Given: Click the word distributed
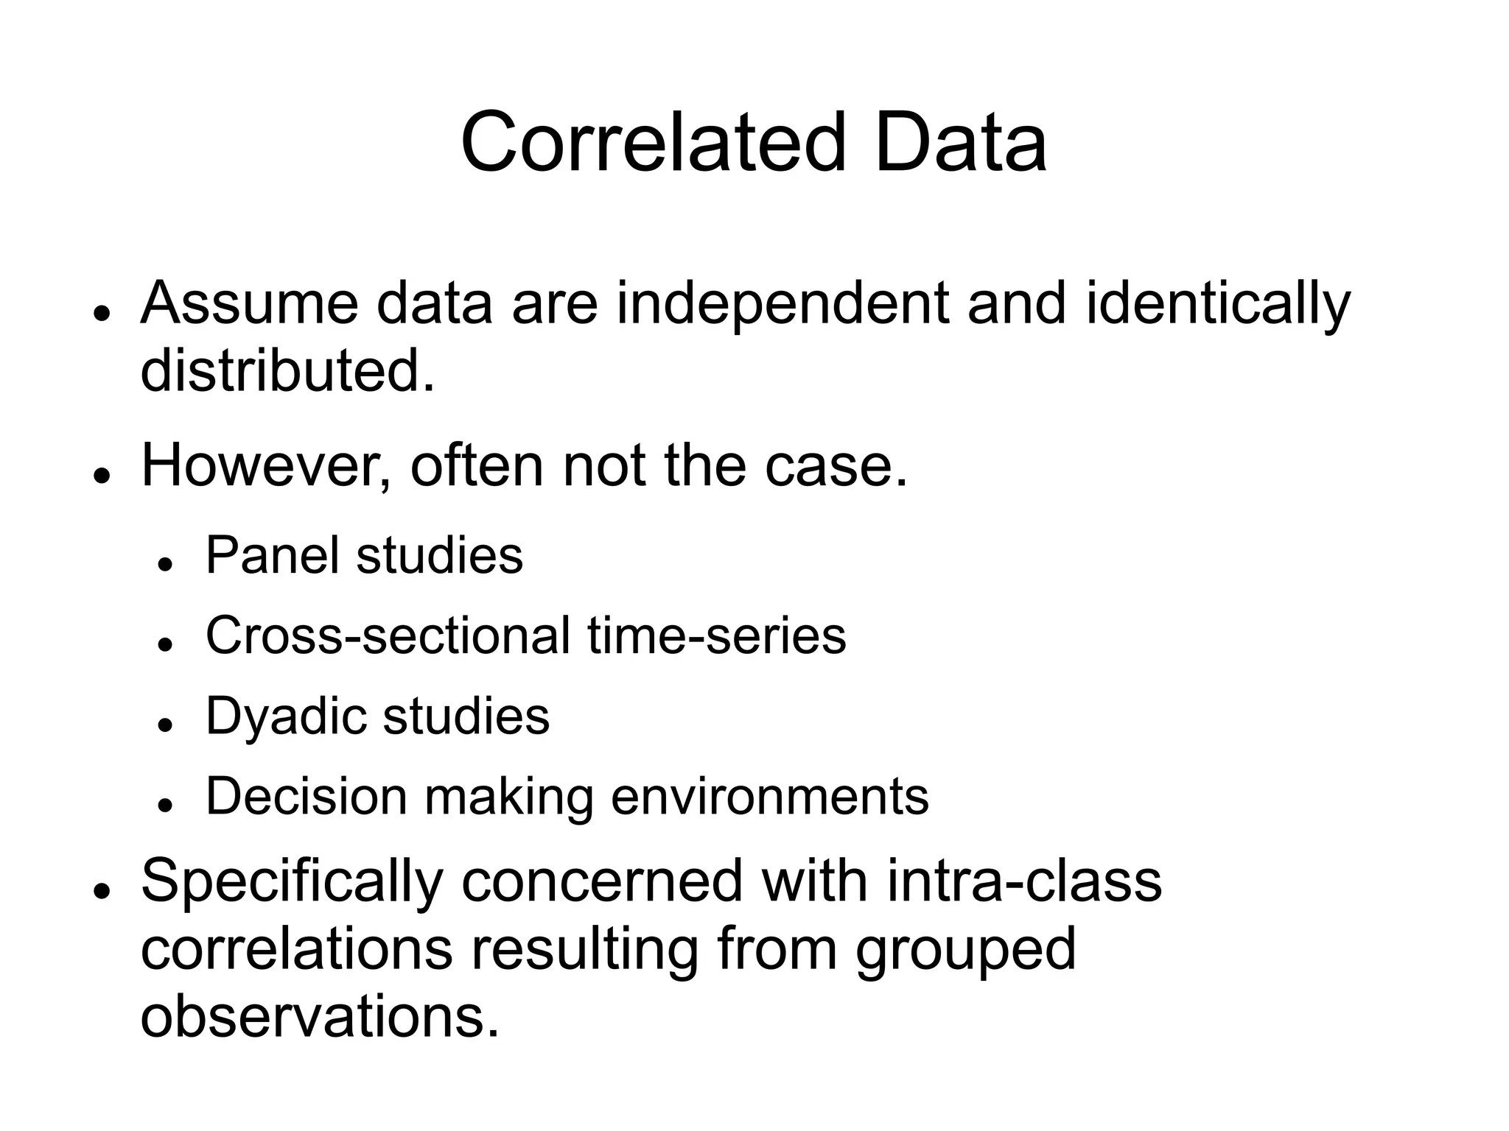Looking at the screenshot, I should [287, 370].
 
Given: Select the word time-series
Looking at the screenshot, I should [717, 635].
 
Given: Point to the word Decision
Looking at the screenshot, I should [306, 796].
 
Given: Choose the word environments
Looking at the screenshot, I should [770, 796].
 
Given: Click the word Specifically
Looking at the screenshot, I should [292, 881].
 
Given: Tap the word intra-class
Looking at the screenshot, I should [1024, 881].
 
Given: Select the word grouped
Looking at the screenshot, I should [965, 950].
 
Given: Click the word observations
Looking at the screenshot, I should [320, 1017].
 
